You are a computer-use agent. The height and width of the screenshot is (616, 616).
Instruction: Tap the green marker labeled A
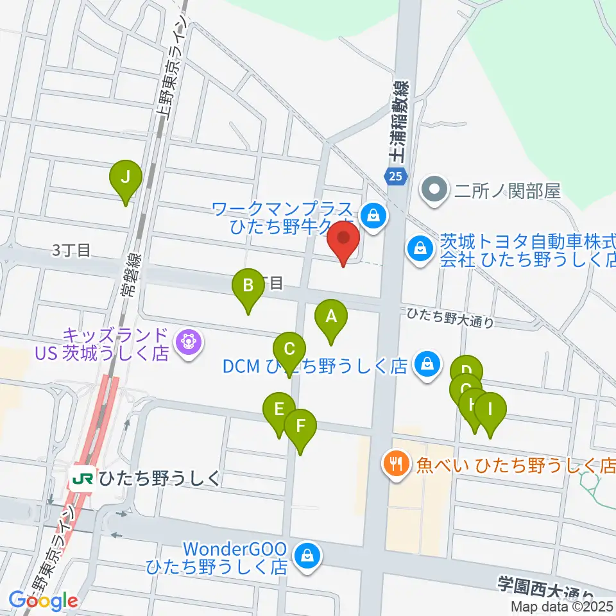point(331,316)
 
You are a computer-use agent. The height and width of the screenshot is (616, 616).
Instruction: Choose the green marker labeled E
point(279,409)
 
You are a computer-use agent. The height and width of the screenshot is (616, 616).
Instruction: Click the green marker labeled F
point(300,425)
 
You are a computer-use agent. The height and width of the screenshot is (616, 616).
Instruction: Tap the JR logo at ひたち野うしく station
point(82,479)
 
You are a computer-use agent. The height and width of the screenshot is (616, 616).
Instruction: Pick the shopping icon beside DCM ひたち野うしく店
point(426,365)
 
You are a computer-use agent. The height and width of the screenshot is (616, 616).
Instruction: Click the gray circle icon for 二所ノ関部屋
point(435,190)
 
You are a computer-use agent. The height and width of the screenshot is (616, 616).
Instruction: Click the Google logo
point(43,601)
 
